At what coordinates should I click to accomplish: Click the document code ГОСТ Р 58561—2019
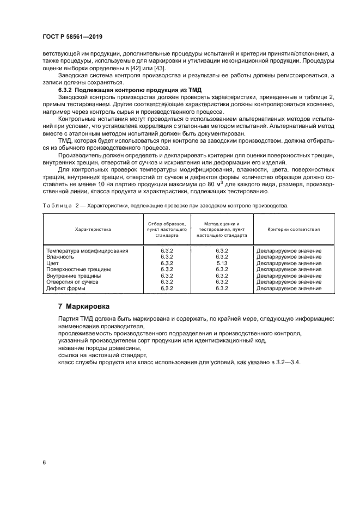[72, 36]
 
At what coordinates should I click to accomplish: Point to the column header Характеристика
[93, 229]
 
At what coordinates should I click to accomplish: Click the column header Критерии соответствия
[294, 229]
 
